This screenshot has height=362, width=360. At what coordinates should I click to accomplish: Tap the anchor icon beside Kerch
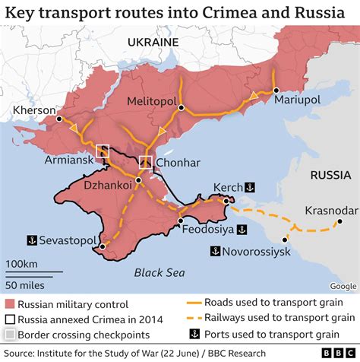pos(259,186)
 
